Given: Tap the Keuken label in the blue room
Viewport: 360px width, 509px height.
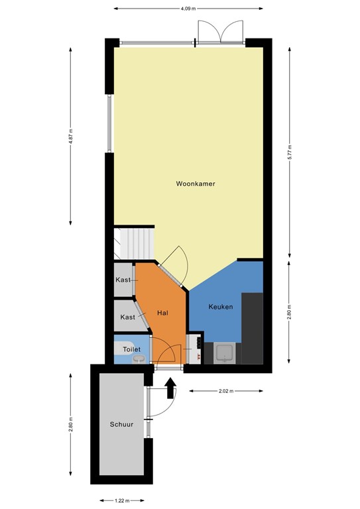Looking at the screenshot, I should [219, 306].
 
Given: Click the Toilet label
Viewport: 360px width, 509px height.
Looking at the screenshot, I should [132, 347].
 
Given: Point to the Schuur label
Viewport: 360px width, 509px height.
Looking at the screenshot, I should [121, 425].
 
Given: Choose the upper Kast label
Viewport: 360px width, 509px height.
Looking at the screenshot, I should [123, 280].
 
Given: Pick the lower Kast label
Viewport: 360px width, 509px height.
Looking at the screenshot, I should [127, 317].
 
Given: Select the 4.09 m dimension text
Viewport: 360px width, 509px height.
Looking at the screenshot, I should [188, 9].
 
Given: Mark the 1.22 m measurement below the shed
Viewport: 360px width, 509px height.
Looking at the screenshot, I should [120, 501].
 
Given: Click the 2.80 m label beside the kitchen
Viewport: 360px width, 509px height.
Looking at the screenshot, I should [290, 312].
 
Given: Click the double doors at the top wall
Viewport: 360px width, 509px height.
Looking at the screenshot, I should [219, 31].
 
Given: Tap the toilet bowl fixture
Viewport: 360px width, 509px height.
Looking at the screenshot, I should [139, 359].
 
